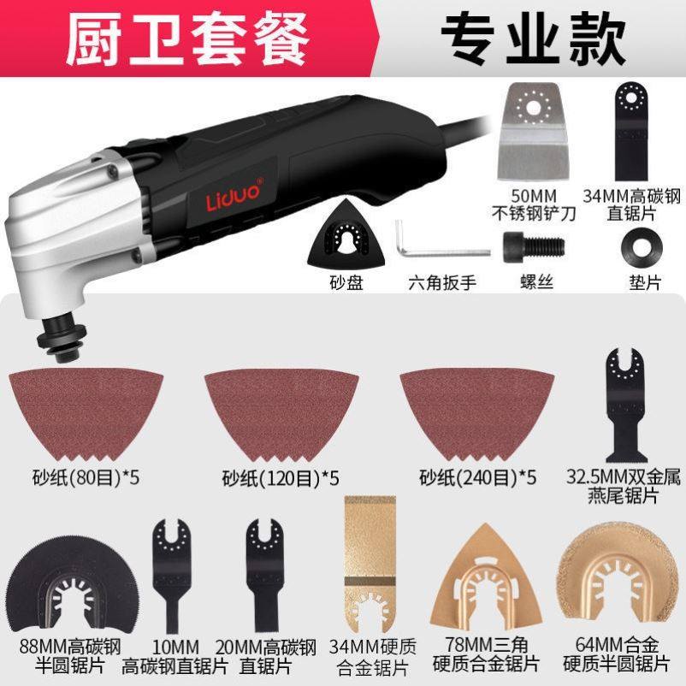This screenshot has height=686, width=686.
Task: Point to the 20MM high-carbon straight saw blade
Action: (x=261, y=565)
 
